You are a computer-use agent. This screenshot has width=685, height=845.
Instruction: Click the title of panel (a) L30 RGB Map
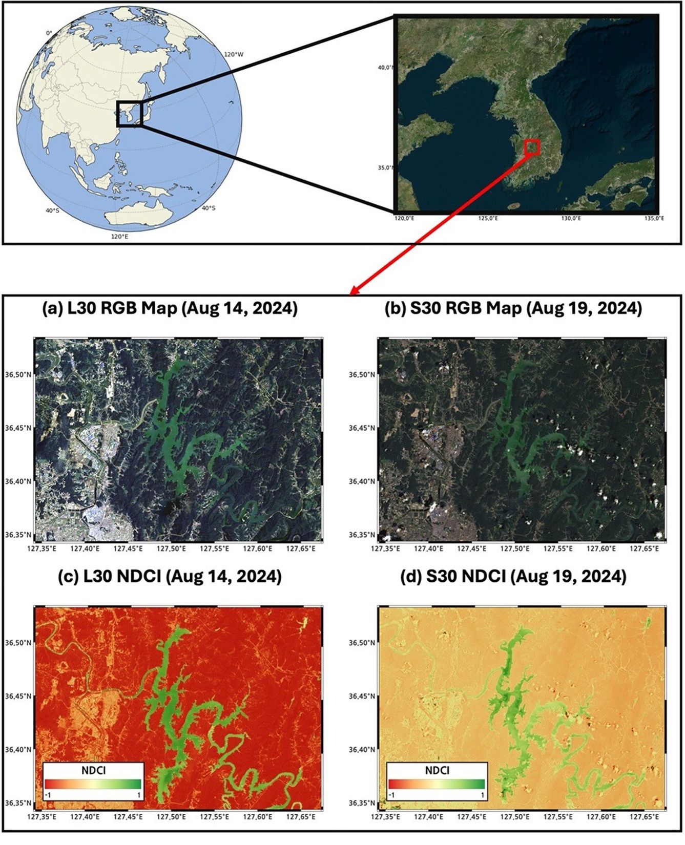170,309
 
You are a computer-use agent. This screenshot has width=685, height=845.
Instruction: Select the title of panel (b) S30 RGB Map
513,309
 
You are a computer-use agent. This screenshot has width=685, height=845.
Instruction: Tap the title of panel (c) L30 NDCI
170,577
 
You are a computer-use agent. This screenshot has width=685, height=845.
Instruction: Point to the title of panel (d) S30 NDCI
513,577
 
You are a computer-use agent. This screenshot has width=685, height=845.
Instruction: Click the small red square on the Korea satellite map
532,147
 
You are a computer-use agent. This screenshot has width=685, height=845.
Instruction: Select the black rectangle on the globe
129,114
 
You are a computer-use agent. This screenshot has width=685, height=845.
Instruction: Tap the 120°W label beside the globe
234,54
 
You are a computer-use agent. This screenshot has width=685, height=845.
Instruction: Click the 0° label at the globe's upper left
49,33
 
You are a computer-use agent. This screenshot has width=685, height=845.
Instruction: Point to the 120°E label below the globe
120,237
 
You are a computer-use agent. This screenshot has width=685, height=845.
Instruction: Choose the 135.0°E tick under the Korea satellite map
654,219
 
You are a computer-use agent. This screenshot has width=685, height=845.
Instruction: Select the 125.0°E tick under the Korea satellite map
488,219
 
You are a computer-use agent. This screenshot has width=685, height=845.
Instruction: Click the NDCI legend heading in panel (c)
94,770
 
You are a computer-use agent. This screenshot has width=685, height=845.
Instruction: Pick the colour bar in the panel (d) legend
437,784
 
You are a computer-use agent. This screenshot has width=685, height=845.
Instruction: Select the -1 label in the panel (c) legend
48,794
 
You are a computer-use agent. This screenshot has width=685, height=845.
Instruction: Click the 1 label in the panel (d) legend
482,794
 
